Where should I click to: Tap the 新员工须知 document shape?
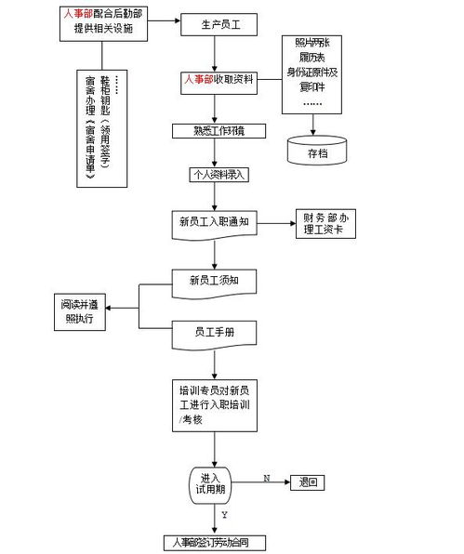215,280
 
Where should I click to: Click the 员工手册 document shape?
215,331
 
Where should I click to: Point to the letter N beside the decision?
267,477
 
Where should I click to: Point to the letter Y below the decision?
224,513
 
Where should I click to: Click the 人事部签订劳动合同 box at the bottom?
211,541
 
